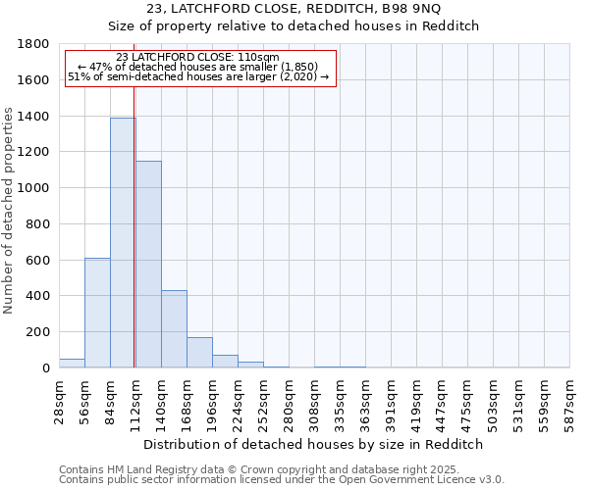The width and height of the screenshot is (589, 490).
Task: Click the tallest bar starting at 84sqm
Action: [x=123, y=243]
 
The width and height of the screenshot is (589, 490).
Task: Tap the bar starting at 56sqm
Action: [x=97, y=313]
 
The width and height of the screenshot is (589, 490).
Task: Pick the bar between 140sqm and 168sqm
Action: [x=174, y=329]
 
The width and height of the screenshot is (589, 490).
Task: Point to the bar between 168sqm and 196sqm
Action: [x=199, y=353]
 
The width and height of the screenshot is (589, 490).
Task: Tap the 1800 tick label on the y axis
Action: [x=33, y=44]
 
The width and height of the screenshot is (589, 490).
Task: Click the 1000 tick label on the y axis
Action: [x=33, y=188]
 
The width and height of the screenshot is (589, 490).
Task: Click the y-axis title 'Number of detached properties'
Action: [x=9, y=206]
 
